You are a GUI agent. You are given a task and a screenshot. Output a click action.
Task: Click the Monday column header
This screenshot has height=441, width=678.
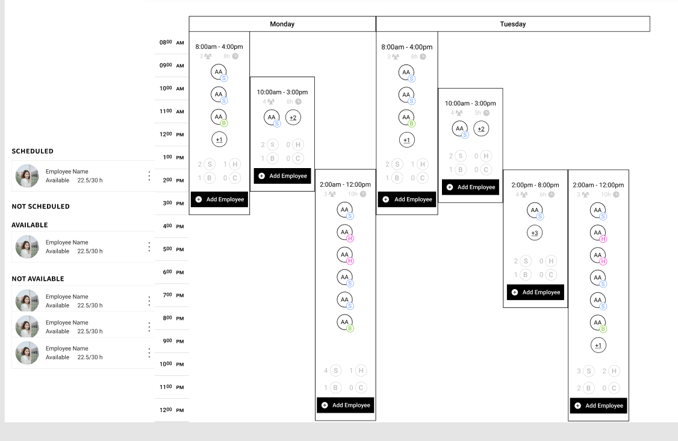[282, 24]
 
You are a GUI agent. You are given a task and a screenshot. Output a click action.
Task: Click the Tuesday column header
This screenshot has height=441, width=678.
[512, 24]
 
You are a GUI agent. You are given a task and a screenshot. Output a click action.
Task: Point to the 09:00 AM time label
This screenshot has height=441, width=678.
[172, 65]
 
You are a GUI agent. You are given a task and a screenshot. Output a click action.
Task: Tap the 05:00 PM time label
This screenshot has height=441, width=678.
[172, 249]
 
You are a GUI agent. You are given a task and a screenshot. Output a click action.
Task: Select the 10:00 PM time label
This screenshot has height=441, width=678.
[172, 364]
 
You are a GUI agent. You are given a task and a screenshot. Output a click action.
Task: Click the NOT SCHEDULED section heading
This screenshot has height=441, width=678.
[40, 206]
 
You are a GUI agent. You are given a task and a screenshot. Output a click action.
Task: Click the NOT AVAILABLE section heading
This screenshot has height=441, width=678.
[37, 279]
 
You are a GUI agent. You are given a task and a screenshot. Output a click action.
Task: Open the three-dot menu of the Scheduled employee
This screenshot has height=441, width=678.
[149, 176]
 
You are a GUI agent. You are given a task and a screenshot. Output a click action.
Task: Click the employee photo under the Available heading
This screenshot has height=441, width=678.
[27, 247]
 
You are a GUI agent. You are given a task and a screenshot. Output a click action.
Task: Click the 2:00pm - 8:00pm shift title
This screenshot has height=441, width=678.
[535, 184]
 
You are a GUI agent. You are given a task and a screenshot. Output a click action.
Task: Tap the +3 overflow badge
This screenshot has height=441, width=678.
[535, 233]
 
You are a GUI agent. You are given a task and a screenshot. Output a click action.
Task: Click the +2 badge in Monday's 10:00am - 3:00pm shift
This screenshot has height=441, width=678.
[293, 117]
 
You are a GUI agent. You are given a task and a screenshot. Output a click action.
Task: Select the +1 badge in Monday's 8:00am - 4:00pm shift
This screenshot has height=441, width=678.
[219, 140]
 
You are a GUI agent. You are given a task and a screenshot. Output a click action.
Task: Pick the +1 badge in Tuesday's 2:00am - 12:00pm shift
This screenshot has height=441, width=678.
[598, 345]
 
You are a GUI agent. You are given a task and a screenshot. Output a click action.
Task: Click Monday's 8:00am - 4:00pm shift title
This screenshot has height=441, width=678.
[219, 46]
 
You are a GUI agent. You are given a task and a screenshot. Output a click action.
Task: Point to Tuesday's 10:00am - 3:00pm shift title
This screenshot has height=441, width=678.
[470, 104]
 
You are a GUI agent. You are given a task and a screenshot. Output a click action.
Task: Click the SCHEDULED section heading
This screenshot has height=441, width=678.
[33, 151]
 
